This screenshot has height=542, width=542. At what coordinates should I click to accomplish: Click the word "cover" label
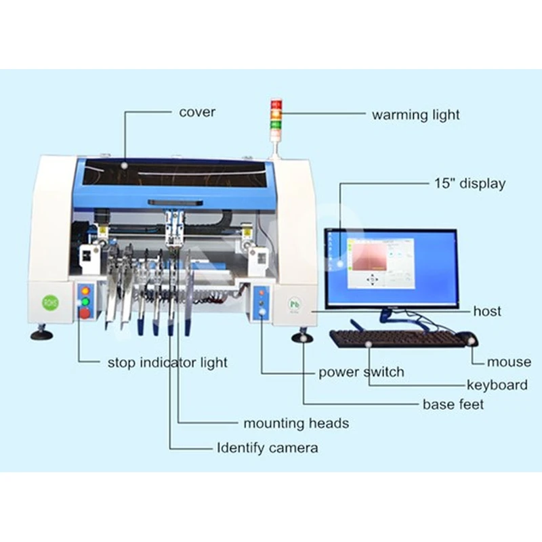[x=197, y=112]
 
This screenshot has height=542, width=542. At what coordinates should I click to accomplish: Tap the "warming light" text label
[x=415, y=114]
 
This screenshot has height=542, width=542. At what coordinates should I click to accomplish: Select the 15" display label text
[x=469, y=184]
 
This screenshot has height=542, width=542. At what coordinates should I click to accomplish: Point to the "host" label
[x=488, y=311]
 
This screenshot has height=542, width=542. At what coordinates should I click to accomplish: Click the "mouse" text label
[x=509, y=362]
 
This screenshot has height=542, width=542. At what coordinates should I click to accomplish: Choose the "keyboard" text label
[x=497, y=385]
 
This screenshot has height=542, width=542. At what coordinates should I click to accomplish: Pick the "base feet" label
[x=453, y=404]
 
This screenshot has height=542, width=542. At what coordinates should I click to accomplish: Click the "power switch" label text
[x=361, y=372]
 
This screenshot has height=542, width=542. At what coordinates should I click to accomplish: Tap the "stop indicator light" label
[x=167, y=362]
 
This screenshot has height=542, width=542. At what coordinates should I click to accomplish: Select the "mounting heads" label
[x=296, y=423]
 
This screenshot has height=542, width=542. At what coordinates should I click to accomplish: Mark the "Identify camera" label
[x=267, y=448]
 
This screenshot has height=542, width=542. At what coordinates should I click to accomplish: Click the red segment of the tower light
[x=276, y=105]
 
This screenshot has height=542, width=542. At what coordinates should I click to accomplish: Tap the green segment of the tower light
[x=276, y=124]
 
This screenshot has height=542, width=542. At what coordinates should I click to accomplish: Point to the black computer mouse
[x=467, y=338]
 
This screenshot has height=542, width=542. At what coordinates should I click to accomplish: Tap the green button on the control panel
[x=85, y=301]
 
